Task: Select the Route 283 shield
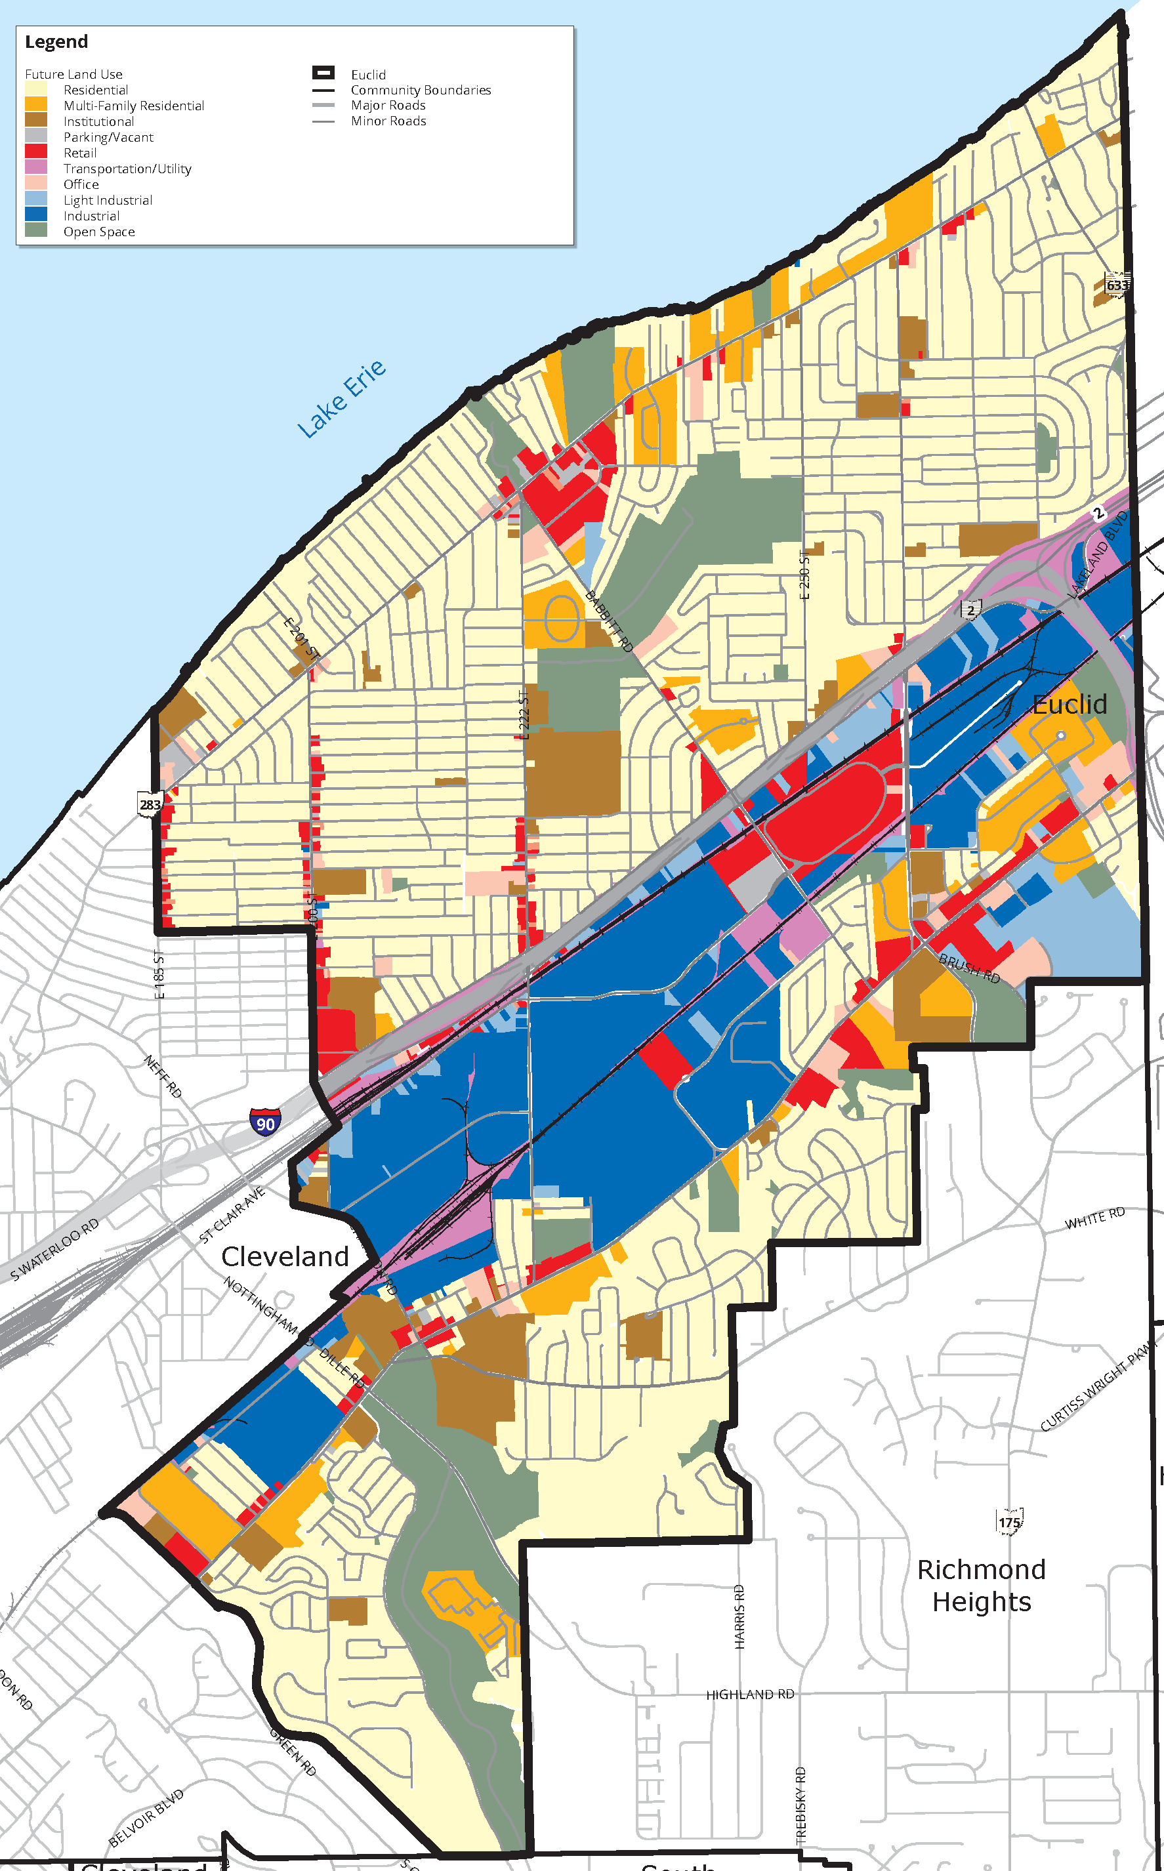[x=150, y=804]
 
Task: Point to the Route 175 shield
[x=1009, y=1521]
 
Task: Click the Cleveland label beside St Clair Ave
[x=285, y=1256]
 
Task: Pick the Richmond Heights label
[x=982, y=1585]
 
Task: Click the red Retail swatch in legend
[x=36, y=152]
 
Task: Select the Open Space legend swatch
[x=36, y=231]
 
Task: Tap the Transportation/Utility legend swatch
[x=36, y=168]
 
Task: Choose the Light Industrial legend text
[x=108, y=200]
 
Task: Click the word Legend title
[x=56, y=41]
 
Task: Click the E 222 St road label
[x=524, y=715]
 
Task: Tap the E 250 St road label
[x=804, y=573]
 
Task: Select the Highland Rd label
[x=750, y=1694]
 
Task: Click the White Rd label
[x=1094, y=1218]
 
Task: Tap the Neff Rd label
[x=163, y=1076]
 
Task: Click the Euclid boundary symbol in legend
[x=323, y=73]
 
